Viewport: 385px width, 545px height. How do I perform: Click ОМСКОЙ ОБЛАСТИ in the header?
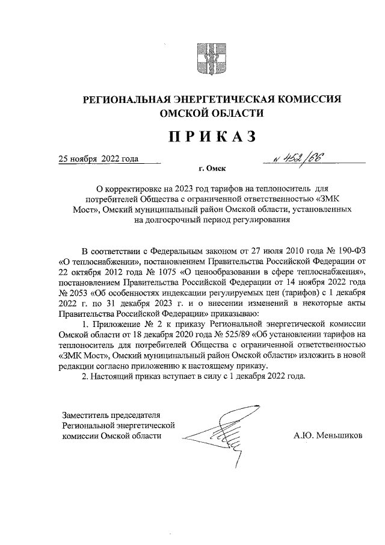[x=211, y=113]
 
